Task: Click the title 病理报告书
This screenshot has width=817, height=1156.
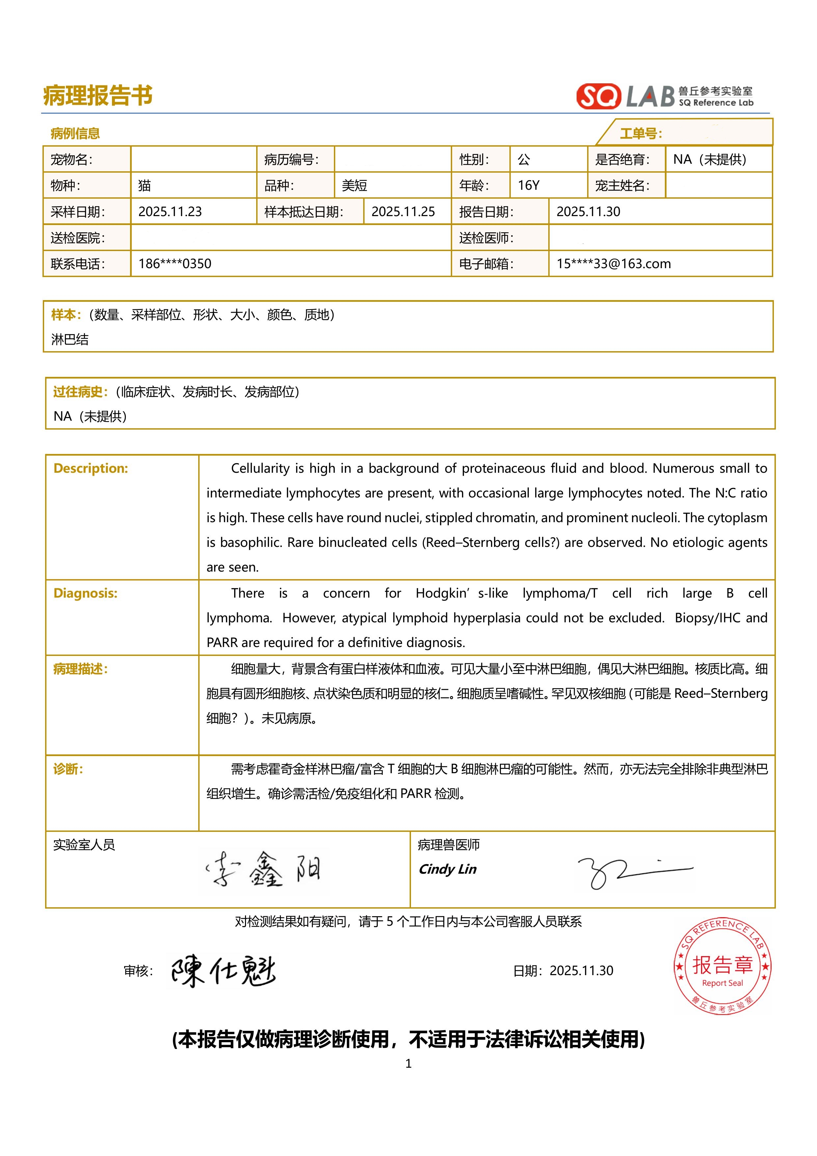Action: tap(98, 96)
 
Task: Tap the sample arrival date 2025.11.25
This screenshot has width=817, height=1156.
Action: tap(403, 211)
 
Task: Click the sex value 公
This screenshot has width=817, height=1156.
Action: tap(524, 159)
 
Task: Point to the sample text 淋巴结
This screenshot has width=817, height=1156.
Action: tap(69, 339)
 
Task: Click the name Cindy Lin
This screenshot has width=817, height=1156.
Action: tap(448, 869)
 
